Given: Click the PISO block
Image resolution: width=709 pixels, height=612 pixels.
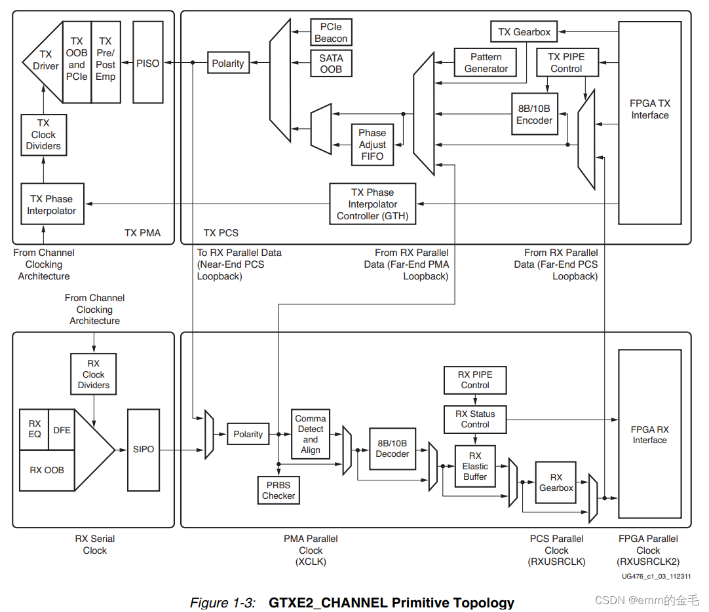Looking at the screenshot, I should (x=147, y=63).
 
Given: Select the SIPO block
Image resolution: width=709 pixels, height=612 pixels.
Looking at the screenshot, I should (x=143, y=450).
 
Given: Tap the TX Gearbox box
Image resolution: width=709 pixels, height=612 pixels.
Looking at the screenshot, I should (x=524, y=31).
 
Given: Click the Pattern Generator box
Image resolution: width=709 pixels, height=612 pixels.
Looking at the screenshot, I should (x=486, y=63).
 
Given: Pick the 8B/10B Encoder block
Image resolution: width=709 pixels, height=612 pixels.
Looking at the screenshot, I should (x=534, y=115).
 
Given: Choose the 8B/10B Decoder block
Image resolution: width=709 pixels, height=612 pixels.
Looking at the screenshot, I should (x=393, y=448).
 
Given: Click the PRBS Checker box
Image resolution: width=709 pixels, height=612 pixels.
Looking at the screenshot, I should (x=278, y=490).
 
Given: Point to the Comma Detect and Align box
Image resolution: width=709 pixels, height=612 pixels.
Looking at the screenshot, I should (x=311, y=434).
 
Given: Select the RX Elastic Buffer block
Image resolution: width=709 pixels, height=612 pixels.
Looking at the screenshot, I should (x=475, y=466).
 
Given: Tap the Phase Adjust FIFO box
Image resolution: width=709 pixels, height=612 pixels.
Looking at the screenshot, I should (x=372, y=145).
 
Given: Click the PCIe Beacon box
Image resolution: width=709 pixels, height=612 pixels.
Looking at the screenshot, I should (x=331, y=33).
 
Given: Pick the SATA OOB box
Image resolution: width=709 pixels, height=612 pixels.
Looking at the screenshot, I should (x=331, y=63).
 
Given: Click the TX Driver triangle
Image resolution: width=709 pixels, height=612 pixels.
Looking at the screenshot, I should (x=45, y=61).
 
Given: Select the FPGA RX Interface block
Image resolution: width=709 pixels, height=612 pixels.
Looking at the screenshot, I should (x=649, y=434).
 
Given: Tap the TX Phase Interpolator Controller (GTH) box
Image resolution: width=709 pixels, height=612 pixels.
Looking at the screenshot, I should (x=372, y=204).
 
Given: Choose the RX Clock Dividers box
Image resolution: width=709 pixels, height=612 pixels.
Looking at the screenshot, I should (x=94, y=374).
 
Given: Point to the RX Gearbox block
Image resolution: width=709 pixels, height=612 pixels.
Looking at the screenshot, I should (x=556, y=482).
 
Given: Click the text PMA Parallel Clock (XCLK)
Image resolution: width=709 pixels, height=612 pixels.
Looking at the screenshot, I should (x=311, y=550).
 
